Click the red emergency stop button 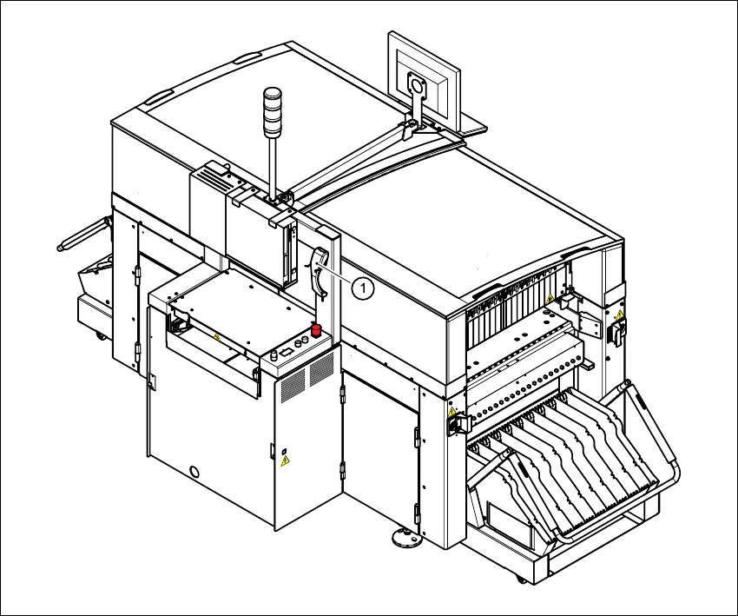(317, 329)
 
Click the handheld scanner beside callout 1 (319, 269)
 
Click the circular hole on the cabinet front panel (194, 471)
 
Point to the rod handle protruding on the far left (83, 234)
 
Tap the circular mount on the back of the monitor (416, 86)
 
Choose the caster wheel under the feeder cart (520, 578)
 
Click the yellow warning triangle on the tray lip (216, 335)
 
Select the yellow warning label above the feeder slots (550, 300)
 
